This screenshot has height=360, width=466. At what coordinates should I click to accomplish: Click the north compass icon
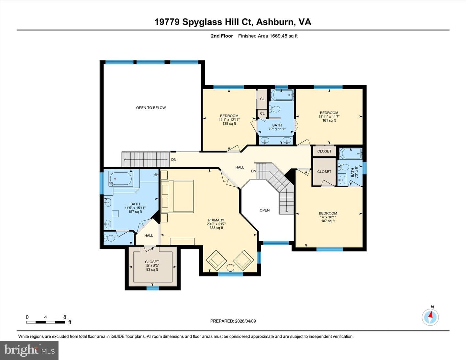coord(430,317)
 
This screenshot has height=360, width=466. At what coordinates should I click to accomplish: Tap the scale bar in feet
coord(45,322)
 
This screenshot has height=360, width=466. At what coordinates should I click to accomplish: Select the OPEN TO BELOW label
coord(151,108)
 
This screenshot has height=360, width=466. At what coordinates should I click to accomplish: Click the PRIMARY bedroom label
coord(216,220)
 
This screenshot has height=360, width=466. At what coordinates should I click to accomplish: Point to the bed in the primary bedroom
coord(177,196)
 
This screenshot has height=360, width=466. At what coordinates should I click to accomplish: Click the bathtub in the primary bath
coord(121,179)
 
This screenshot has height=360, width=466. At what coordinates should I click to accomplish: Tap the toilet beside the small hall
coord(109,238)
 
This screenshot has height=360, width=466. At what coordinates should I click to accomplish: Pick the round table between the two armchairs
coord(230,268)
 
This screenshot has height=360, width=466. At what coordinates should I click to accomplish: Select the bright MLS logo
coord(29,350)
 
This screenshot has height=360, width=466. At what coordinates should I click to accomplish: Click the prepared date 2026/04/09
coord(245,321)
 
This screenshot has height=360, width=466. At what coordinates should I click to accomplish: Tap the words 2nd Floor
coord(222,36)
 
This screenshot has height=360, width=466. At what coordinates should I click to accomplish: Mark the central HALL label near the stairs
coord(240,167)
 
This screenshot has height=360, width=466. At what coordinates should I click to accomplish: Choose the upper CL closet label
coord(262,99)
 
